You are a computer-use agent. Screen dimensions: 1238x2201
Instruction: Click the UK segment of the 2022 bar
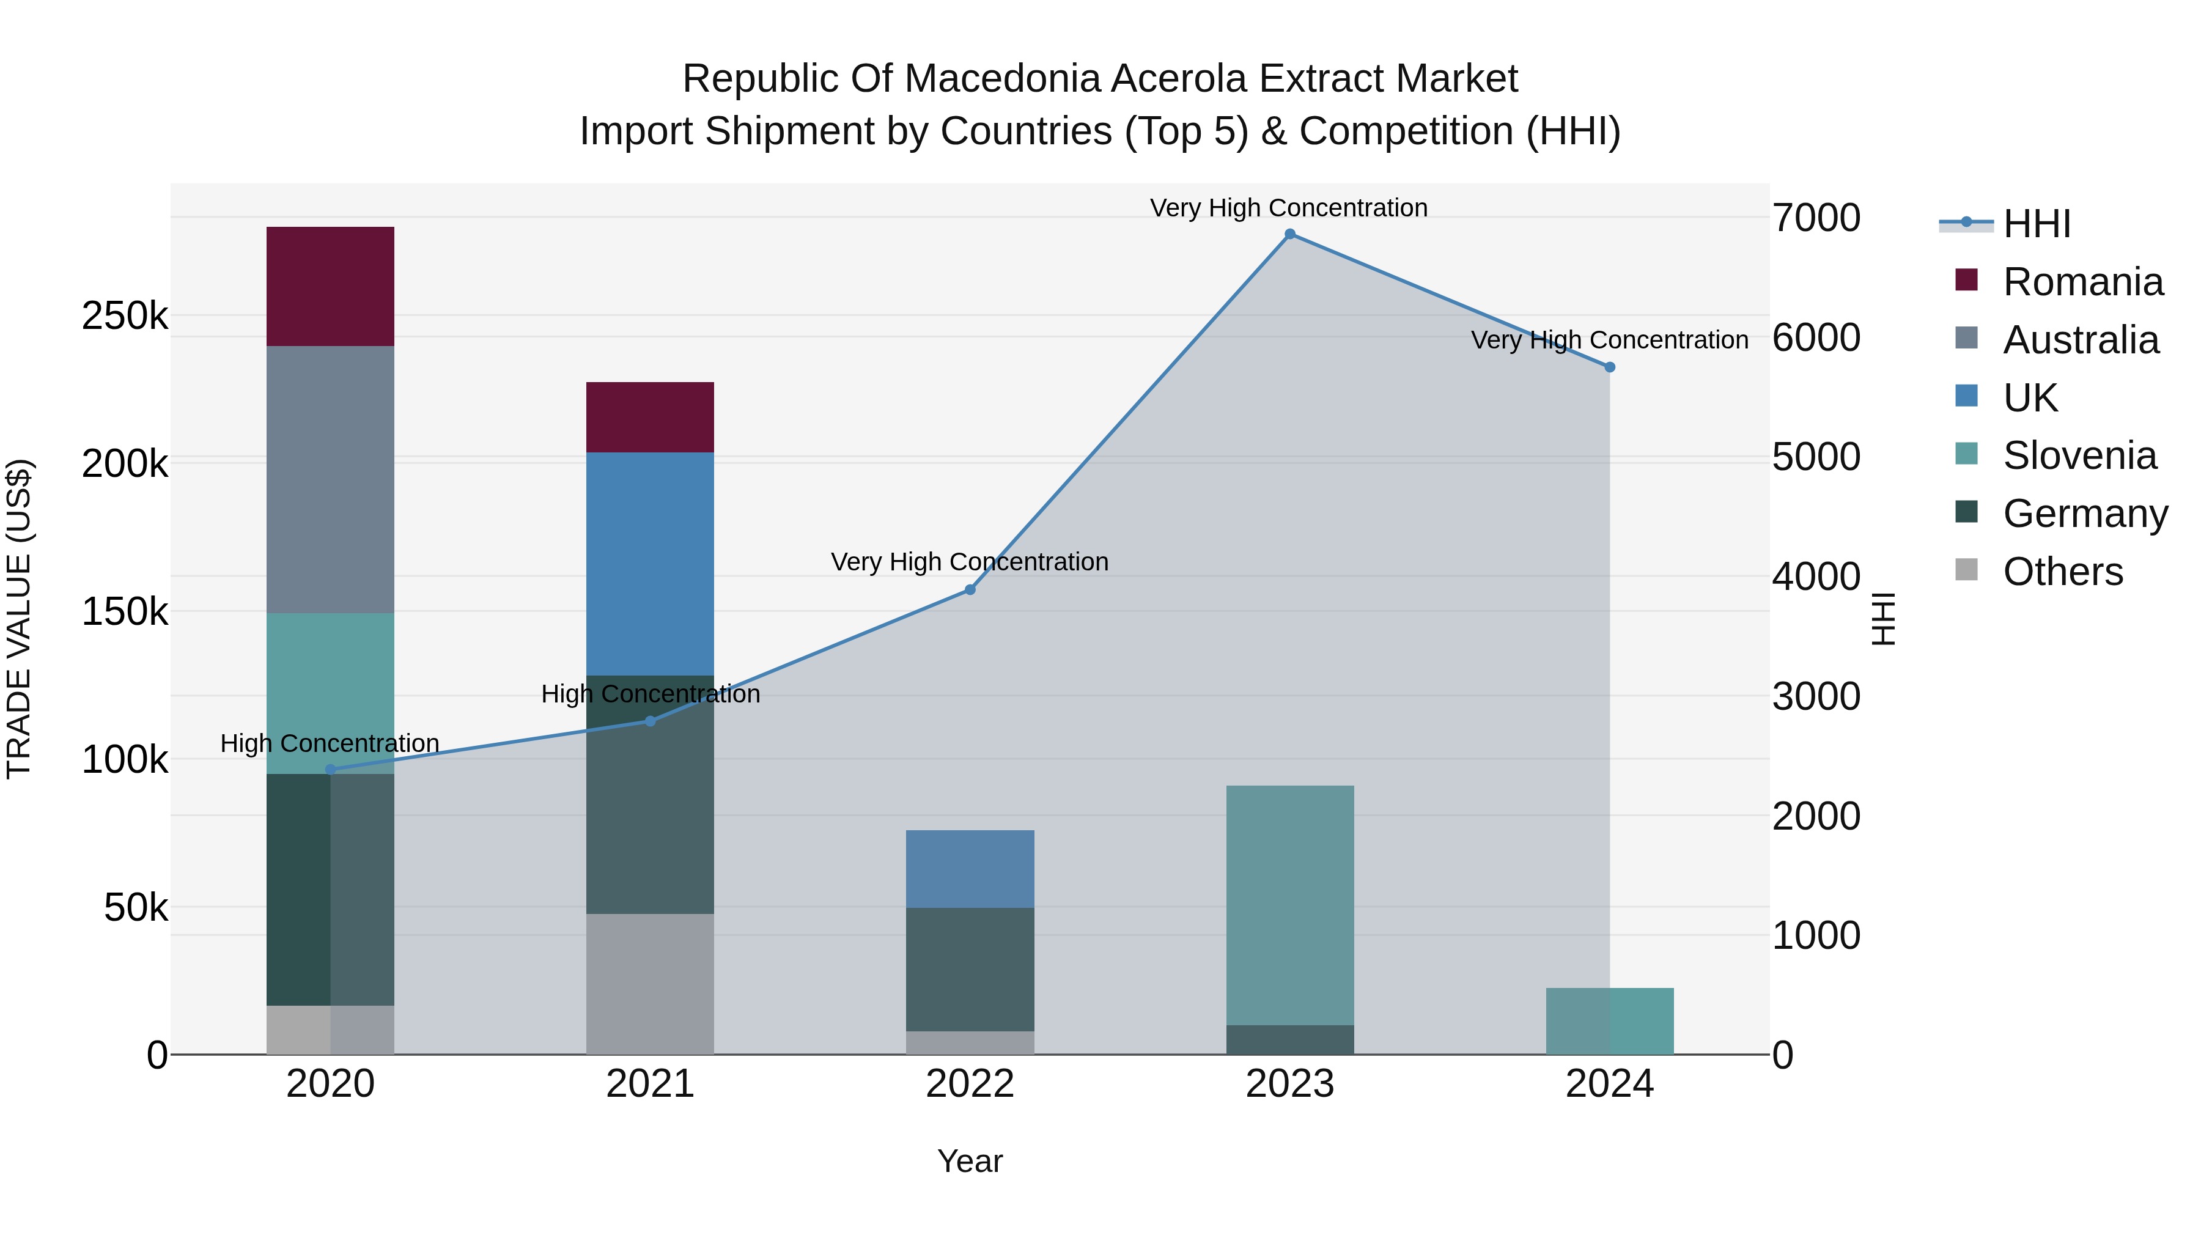click(x=970, y=868)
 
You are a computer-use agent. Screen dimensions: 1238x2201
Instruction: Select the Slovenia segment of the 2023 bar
click(x=1289, y=905)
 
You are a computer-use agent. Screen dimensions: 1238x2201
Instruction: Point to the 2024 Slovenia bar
click(x=1610, y=1021)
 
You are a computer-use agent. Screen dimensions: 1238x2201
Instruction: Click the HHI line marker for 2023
click(x=1290, y=234)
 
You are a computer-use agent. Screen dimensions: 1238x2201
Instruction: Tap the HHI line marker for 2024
click(x=1610, y=367)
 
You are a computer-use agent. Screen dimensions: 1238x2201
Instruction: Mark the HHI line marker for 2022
click(x=970, y=589)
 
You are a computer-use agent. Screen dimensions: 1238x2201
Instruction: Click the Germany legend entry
click(x=2085, y=514)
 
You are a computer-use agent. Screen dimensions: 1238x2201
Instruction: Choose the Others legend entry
click(x=2063, y=572)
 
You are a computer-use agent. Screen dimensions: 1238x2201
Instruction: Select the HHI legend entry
click(x=2037, y=224)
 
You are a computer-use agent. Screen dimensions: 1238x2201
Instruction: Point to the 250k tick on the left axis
click(x=125, y=317)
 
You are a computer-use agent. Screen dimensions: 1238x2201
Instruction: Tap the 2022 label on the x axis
click(x=970, y=1084)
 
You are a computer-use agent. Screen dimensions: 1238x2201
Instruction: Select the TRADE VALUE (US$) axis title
click(x=19, y=619)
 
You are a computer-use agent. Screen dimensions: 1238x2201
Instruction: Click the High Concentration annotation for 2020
click(x=330, y=743)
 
